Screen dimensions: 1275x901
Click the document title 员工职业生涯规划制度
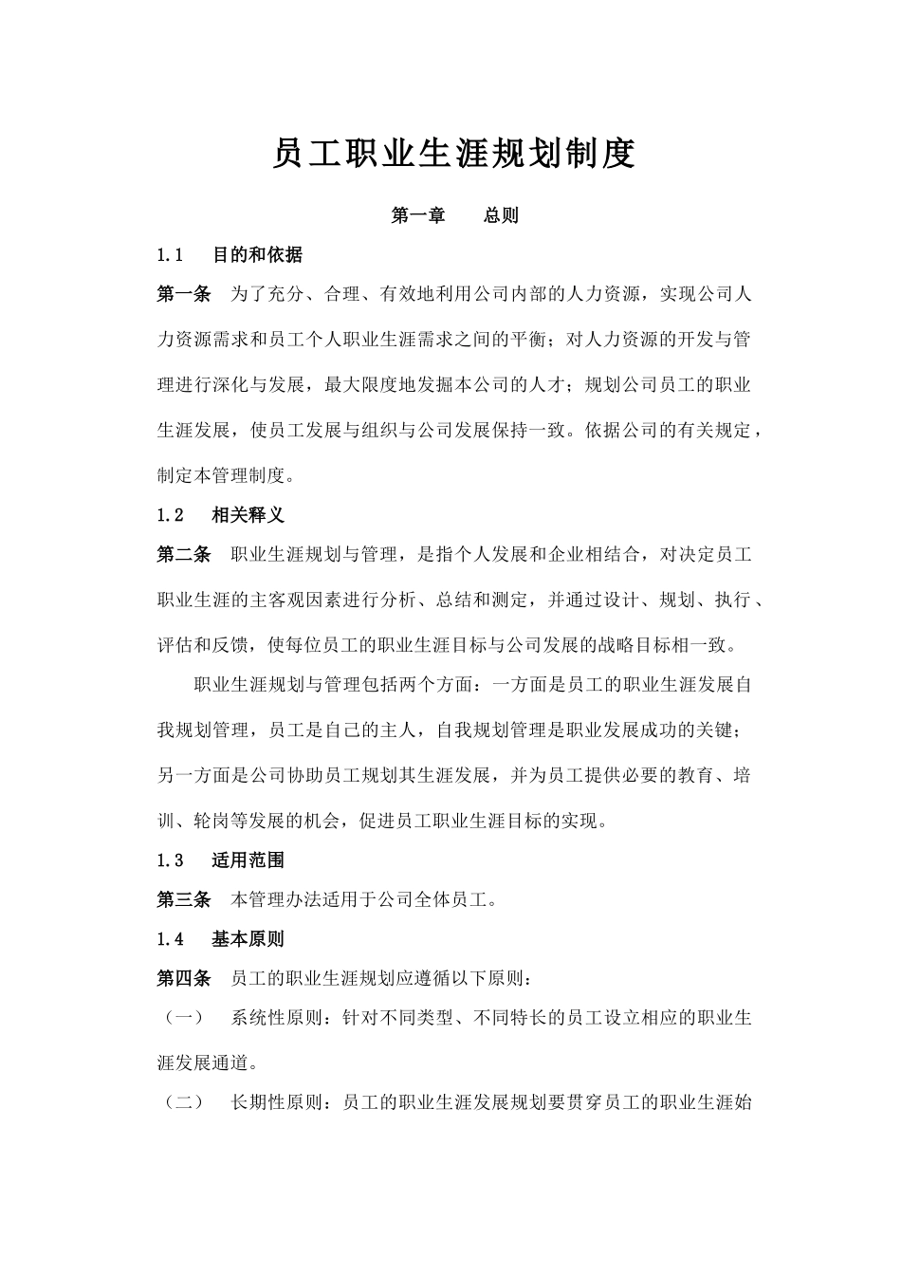[x=453, y=154]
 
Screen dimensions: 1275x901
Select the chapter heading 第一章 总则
[x=454, y=215]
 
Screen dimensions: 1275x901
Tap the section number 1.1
[x=170, y=254]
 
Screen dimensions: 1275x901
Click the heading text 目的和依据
[x=257, y=254]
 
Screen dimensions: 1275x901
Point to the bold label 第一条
[x=184, y=294]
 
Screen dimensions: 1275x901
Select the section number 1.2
[x=170, y=515]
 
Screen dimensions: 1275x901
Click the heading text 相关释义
[x=248, y=515]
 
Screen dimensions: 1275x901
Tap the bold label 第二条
[x=184, y=555]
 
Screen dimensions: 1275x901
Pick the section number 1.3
[x=170, y=860]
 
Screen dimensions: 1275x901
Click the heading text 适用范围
[x=248, y=860]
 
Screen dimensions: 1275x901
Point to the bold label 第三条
[x=184, y=900]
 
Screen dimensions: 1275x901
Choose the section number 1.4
[x=170, y=939]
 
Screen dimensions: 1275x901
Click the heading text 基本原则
[x=248, y=939]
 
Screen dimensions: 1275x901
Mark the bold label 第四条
[x=184, y=978]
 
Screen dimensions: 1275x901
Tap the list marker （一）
[x=184, y=1018]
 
